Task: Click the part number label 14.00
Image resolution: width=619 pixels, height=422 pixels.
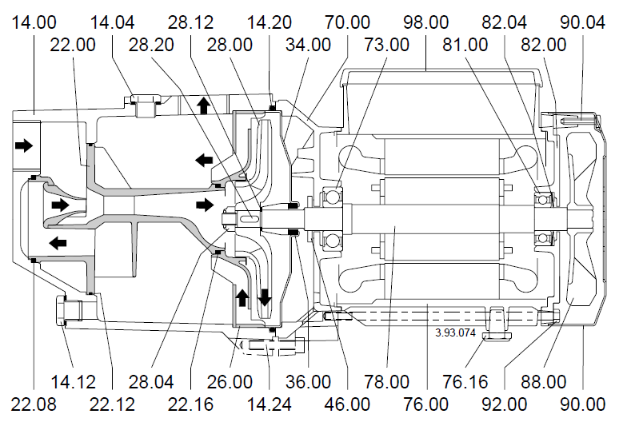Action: coord(34,22)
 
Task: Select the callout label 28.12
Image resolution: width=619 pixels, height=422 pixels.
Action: coord(190,22)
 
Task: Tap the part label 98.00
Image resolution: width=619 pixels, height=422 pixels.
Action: coord(426,22)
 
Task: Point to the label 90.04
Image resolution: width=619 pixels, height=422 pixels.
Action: coord(583,22)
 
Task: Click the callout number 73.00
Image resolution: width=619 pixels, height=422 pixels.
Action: coord(386,45)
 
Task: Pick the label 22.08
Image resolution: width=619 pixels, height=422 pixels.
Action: coord(34,404)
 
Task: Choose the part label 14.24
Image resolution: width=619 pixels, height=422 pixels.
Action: coord(270,404)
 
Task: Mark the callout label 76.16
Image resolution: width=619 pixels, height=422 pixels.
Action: coord(465,382)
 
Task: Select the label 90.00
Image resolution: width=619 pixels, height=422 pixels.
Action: coord(583,404)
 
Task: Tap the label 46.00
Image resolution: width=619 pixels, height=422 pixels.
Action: coord(347,404)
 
